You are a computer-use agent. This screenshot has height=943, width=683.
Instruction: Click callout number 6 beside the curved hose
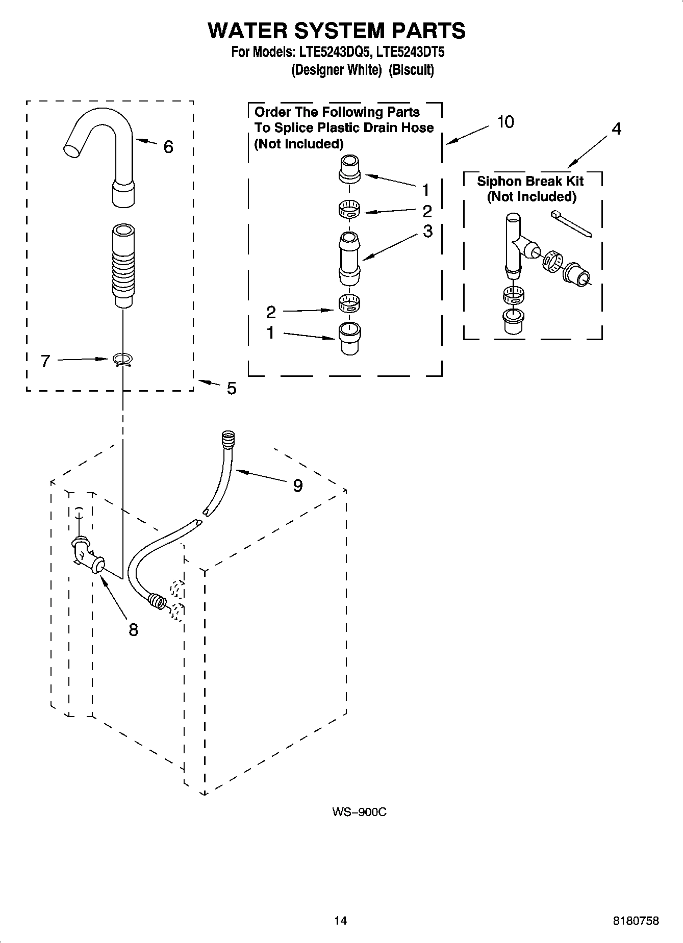(168, 147)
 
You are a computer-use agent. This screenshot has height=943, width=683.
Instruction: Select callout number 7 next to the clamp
(45, 361)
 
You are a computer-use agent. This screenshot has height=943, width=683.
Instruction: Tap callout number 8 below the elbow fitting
(133, 630)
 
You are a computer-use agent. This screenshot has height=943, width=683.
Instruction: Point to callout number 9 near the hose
(298, 486)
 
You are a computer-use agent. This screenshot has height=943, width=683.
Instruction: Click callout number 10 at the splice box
(505, 122)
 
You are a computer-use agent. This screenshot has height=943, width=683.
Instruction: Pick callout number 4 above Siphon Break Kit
(616, 129)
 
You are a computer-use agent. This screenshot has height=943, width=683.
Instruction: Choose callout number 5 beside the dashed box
(232, 389)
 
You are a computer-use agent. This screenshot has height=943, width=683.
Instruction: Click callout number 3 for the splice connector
(427, 231)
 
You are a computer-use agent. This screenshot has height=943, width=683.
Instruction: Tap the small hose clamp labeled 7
(122, 360)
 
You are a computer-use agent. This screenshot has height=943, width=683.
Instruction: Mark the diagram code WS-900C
(359, 812)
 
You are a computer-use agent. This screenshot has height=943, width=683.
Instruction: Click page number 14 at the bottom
(340, 921)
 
